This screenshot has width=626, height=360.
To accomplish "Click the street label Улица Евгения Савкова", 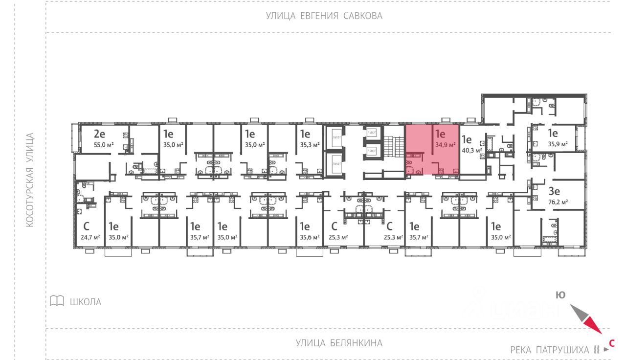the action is pyautogui.click(x=324, y=16).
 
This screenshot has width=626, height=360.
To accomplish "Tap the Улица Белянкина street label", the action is pyautogui.click(x=339, y=343).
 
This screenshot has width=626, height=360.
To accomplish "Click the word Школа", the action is pyautogui.click(x=86, y=302).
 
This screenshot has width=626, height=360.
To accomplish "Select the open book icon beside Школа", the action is pyautogui.click(x=57, y=301).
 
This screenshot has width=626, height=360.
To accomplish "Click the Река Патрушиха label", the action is pyautogui.click(x=550, y=350).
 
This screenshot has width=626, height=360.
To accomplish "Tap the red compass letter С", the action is pyautogui.click(x=611, y=343).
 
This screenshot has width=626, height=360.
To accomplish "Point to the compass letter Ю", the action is pyautogui.click(x=560, y=295).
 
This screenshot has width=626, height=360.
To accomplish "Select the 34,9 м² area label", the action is pyautogui.click(x=445, y=145).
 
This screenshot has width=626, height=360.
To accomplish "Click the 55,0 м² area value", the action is pyautogui.click(x=104, y=145).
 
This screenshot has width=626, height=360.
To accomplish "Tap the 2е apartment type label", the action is pyautogui.click(x=100, y=134).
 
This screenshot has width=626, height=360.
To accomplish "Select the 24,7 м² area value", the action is pyautogui.click(x=90, y=238).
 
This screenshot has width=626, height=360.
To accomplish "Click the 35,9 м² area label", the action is pyautogui.click(x=558, y=145).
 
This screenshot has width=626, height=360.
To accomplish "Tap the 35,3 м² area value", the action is pyautogui.click(x=309, y=145).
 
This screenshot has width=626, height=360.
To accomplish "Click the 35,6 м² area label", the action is pyautogui.click(x=309, y=238).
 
